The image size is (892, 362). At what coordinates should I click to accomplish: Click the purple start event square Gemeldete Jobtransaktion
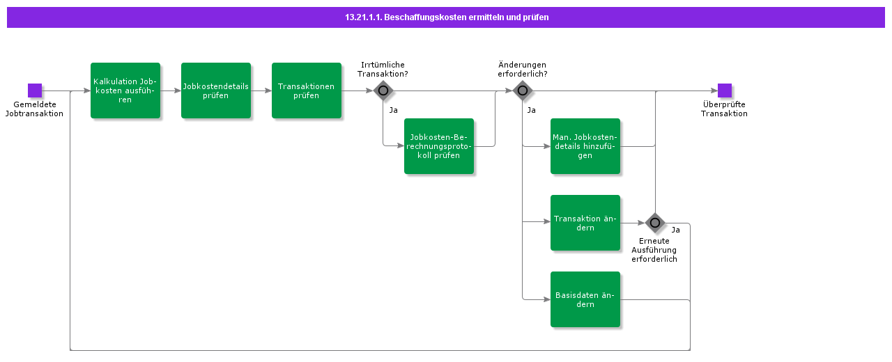point(35,90)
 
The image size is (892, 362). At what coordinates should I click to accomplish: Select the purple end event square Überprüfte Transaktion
point(724,90)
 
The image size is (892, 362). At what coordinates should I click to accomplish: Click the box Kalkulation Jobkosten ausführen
point(125,90)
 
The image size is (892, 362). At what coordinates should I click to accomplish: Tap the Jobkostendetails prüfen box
point(216,90)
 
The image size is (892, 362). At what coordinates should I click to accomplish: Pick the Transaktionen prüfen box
point(307,90)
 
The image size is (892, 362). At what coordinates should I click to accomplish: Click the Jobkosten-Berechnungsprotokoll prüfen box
point(439,146)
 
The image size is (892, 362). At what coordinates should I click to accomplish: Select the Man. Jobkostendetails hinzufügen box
point(585,146)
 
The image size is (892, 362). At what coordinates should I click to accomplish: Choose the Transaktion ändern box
point(585,223)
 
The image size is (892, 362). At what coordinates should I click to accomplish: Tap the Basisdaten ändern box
point(585,299)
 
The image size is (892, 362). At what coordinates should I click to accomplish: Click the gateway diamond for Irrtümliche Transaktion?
point(383,90)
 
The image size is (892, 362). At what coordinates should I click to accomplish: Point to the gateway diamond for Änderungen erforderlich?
point(523,90)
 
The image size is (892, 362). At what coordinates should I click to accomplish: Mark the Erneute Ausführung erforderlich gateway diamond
point(655,223)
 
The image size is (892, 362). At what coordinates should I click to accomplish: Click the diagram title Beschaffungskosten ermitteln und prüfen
point(447,17)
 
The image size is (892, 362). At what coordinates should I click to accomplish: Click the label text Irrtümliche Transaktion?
point(383,69)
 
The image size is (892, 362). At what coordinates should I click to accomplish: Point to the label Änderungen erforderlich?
point(523,69)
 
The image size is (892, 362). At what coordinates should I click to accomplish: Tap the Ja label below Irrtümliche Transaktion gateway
point(394,110)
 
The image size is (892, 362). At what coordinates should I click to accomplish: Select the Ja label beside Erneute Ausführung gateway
point(676,230)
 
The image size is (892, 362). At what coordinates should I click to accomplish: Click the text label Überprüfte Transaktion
point(724,109)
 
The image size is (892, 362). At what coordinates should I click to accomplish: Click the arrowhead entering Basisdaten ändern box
point(547,299)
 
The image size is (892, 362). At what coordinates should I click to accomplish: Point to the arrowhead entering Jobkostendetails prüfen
point(177,90)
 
